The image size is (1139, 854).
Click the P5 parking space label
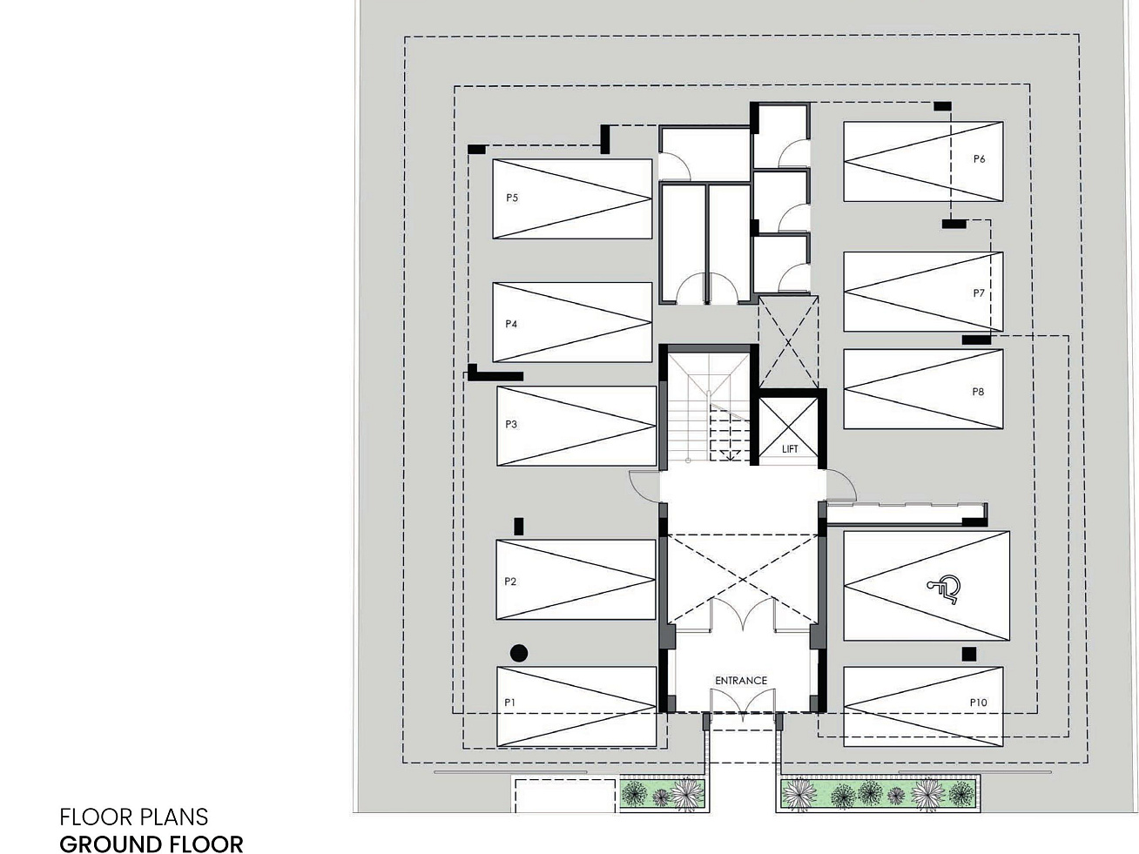click(512, 198)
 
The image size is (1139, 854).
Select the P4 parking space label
click(512, 324)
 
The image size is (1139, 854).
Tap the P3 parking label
click(511, 425)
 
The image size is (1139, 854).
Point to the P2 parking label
click(510, 582)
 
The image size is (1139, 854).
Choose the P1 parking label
click(510, 702)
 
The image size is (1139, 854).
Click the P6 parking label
click(980, 159)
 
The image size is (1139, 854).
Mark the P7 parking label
click(979, 293)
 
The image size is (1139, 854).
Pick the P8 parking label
click(978, 392)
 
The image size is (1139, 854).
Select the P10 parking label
click(978, 703)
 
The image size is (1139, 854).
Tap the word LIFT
click(790, 449)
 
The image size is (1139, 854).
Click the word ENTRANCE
click(741, 681)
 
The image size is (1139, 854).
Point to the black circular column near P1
click(518, 653)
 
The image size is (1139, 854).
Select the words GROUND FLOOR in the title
click(152, 844)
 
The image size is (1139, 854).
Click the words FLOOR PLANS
click(134, 817)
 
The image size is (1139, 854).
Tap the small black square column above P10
click(968, 654)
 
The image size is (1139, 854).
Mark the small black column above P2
click(519, 526)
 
